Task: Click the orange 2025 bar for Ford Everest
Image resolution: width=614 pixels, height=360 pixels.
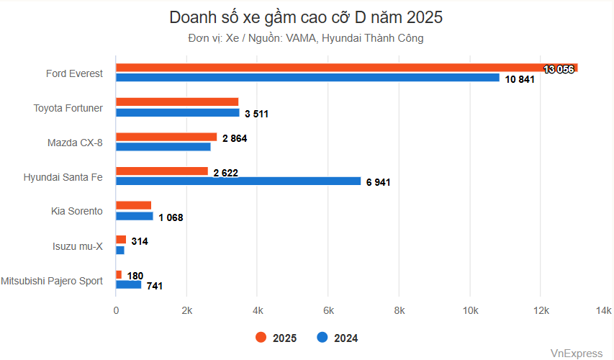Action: [x=346, y=68]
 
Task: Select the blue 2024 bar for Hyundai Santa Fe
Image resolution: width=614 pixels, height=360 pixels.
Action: [x=238, y=181]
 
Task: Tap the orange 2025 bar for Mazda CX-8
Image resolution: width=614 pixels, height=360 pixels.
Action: [x=166, y=137]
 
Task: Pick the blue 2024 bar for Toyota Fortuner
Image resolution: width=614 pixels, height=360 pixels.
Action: [x=177, y=112]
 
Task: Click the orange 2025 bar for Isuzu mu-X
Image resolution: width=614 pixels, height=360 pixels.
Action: [x=121, y=240]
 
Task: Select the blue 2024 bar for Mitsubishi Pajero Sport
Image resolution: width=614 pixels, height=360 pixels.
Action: [x=129, y=284]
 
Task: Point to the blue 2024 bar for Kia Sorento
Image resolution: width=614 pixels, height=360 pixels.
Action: [x=135, y=216]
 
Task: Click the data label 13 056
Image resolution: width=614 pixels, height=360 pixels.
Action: [x=559, y=69]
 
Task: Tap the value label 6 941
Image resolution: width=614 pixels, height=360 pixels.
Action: [x=378, y=183]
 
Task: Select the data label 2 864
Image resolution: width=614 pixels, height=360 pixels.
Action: [x=235, y=138]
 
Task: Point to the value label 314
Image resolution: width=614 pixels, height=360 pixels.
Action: [x=140, y=241]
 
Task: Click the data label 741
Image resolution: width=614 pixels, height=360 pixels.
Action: [x=155, y=286]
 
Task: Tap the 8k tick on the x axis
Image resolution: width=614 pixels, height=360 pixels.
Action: [x=399, y=310]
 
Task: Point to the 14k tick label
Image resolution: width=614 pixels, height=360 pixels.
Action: [x=603, y=310]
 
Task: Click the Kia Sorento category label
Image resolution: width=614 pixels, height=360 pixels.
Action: [x=77, y=211]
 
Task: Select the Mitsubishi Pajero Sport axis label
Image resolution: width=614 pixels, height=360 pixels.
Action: [x=52, y=280]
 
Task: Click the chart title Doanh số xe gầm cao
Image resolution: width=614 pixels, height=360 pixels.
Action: [x=306, y=17]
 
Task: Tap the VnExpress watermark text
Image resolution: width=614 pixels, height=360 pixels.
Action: [x=576, y=353]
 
